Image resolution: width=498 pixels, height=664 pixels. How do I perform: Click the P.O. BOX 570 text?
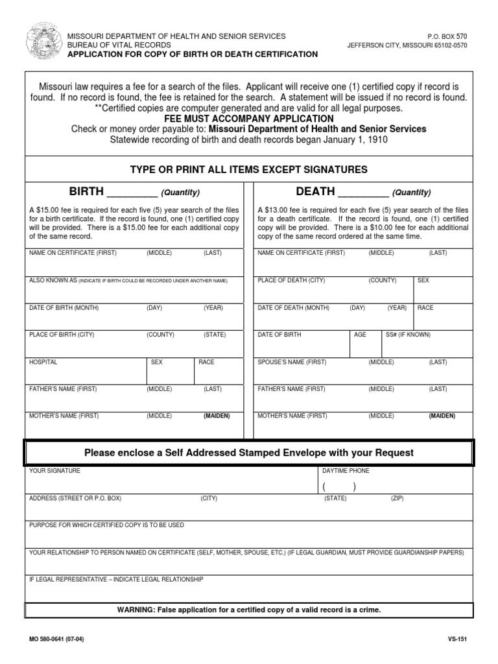447,36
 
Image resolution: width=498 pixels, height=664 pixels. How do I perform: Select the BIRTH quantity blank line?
132,193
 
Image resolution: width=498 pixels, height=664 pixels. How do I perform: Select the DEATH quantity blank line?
364,193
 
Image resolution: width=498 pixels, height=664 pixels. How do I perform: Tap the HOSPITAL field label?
43,362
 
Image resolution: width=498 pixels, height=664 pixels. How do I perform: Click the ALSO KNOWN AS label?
53,280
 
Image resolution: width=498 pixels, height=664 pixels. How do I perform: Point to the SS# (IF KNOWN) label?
408,335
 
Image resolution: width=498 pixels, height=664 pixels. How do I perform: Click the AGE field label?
360,335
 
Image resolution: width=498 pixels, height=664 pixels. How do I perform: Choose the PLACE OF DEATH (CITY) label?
291,280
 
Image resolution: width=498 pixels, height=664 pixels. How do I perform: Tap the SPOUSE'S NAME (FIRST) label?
292,362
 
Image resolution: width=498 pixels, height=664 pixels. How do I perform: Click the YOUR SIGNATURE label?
55,471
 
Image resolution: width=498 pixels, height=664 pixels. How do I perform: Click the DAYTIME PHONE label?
346,471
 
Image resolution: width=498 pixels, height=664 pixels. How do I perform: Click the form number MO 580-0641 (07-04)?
56,639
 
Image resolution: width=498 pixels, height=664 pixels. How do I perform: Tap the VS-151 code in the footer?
458,639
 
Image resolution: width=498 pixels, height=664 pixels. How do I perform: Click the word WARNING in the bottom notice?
134,610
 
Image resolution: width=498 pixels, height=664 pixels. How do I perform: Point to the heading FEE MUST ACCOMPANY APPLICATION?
249,119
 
